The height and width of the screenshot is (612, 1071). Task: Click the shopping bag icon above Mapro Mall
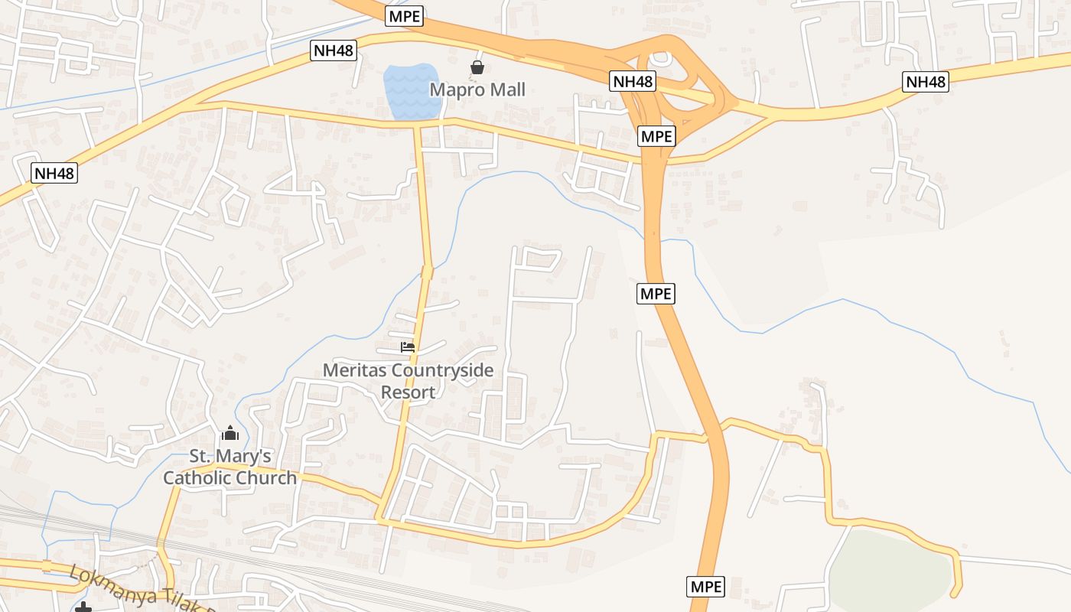[477, 67]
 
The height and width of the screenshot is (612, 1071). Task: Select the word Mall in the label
[507, 90]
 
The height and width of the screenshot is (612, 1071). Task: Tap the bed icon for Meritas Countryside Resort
[408, 347]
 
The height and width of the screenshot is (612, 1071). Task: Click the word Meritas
[354, 371]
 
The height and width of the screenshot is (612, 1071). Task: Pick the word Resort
[408, 392]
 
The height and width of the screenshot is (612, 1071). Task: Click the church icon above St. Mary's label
[229, 434]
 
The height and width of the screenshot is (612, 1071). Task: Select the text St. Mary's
[230, 457]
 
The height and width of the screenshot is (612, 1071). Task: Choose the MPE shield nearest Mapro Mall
[404, 16]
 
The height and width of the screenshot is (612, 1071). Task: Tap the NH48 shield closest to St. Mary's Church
[54, 173]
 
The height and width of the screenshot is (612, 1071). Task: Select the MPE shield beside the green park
[706, 587]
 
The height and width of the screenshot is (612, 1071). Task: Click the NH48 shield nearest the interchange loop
[633, 80]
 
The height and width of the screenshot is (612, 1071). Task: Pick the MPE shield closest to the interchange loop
[656, 136]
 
